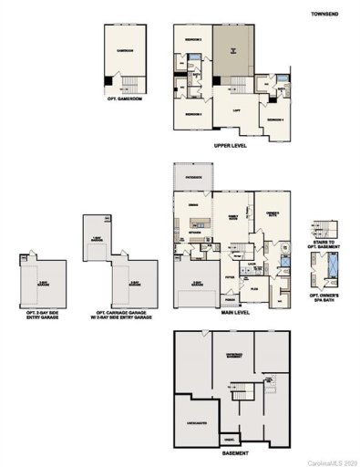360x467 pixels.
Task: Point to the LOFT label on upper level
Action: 236,109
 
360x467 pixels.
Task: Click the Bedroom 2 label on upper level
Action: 193,39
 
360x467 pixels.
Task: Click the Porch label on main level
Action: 231,298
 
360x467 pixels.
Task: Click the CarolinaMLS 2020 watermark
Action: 329,461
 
